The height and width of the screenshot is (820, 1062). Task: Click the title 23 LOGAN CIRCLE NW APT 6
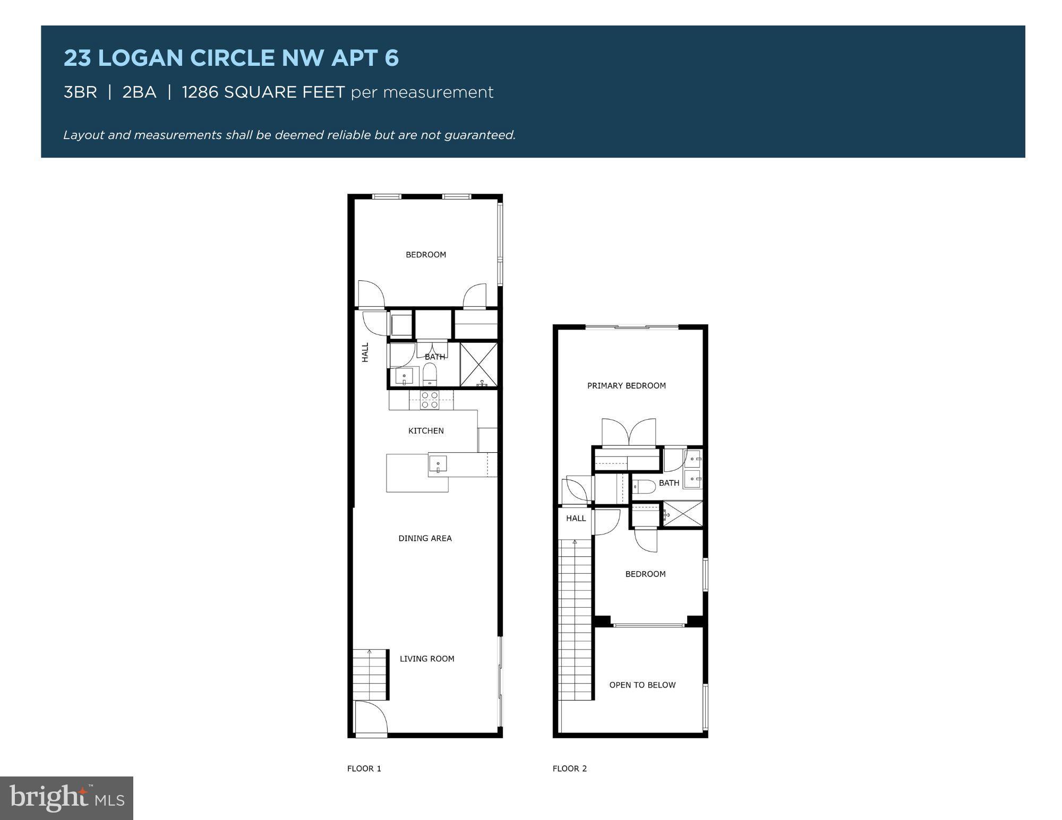tap(231, 58)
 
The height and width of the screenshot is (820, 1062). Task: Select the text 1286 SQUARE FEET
tap(263, 92)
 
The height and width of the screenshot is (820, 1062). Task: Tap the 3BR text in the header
tap(80, 92)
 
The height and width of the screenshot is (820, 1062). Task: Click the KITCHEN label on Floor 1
tap(426, 430)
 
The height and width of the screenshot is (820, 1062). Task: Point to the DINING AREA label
tap(425, 538)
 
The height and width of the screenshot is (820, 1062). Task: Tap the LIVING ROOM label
tap(427, 659)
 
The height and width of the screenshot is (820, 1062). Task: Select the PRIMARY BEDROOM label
tap(626, 386)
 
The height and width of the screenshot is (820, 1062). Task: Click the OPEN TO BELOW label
tap(643, 685)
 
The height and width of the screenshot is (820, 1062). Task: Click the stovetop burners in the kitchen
tap(430, 400)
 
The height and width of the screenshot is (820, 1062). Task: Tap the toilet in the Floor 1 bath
tap(430, 375)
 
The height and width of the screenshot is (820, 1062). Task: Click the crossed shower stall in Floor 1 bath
tap(478, 365)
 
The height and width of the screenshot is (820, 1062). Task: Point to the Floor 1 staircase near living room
tap(370, 674)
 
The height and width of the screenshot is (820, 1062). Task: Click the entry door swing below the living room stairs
tap(371, 718)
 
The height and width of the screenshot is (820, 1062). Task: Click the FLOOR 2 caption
tap(569, 769)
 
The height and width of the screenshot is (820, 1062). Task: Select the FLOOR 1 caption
tap(364, 769)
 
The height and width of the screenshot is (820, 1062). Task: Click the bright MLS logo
tap(66, 798)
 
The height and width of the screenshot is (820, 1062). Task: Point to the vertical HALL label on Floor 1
tap(365, 352)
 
